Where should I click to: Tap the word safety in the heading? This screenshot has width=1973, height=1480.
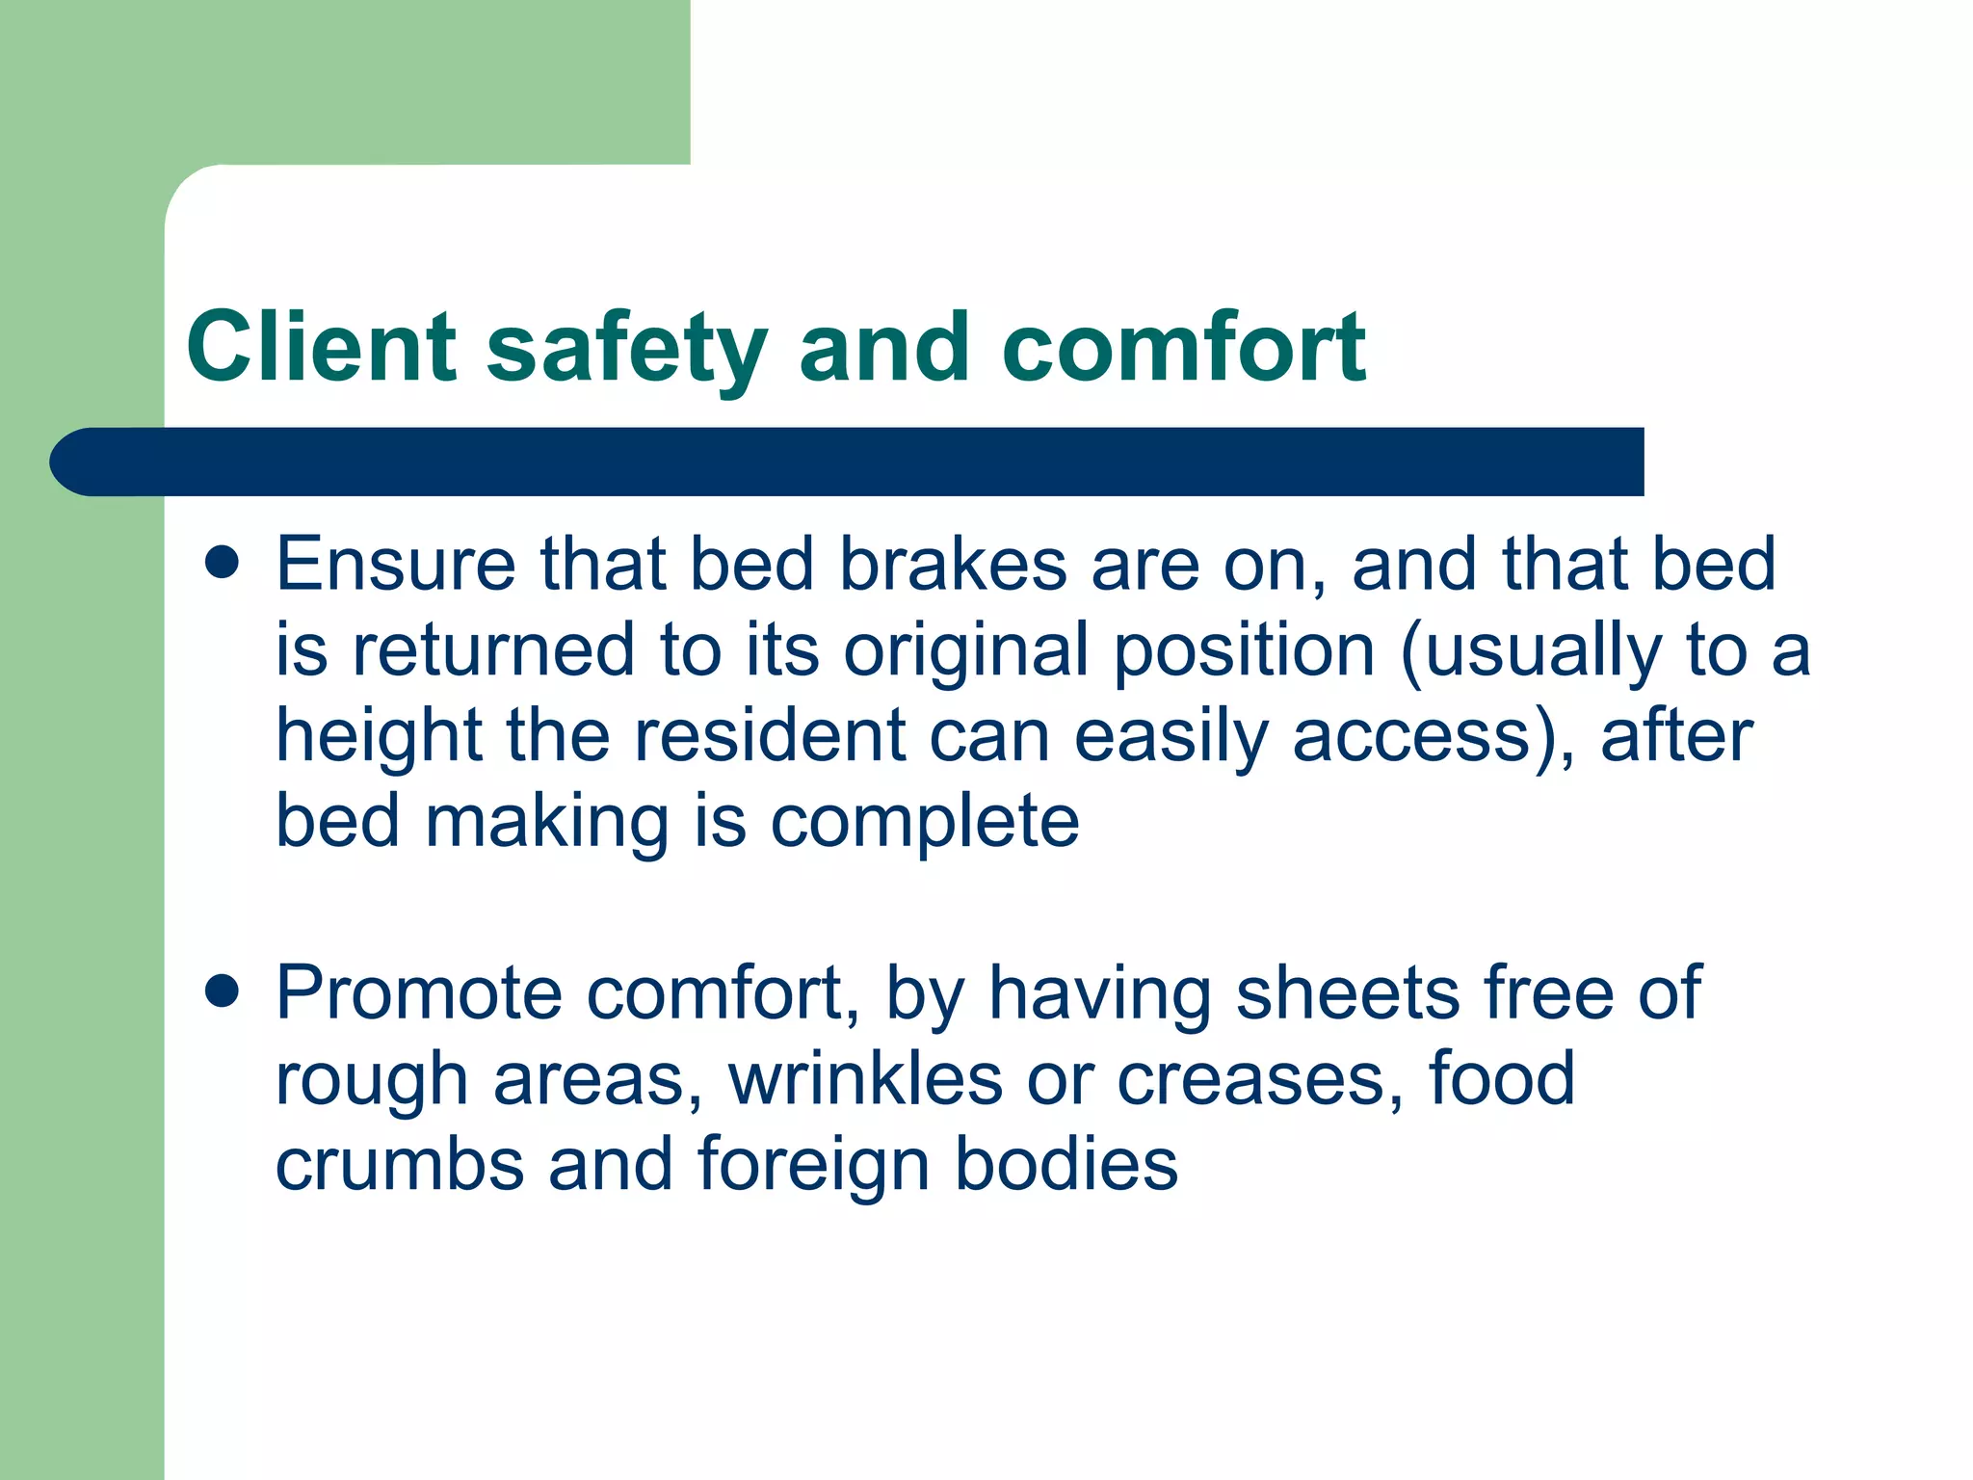(627, 349)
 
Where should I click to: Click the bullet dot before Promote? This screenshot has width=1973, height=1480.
(223, 991)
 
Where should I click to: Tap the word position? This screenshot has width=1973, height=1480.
(1244, 651)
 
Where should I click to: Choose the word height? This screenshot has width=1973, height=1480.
(379, 737)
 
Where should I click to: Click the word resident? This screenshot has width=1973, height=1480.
(770, 736)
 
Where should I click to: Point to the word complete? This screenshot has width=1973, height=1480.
(925, 823)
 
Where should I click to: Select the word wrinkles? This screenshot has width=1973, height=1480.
(865, 1079)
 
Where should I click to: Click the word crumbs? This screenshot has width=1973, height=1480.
(400, 1164)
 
